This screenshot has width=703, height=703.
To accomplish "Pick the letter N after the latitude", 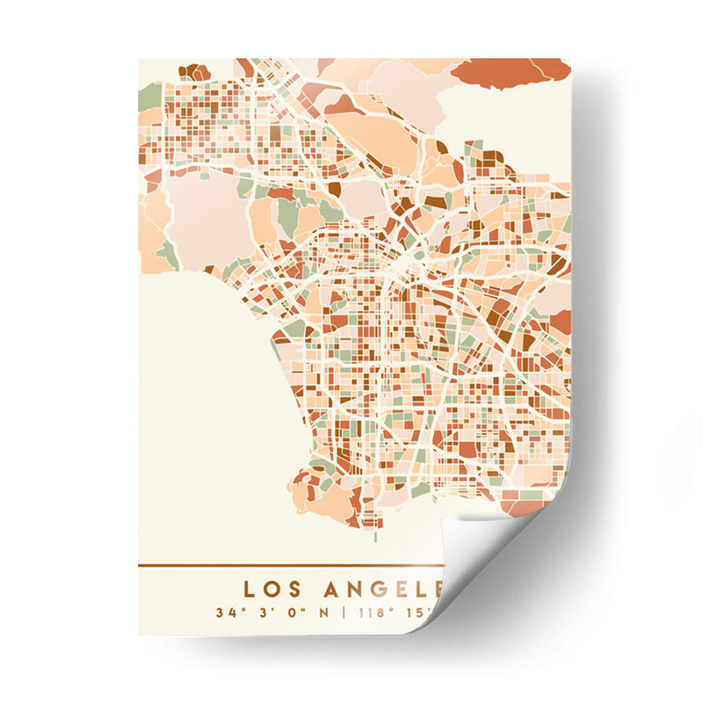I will point(323,612).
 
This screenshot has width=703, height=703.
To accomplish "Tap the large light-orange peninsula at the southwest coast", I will point(312,496).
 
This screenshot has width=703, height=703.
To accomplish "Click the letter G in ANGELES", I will point(377,588).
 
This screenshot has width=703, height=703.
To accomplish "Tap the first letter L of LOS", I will point(248,588).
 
